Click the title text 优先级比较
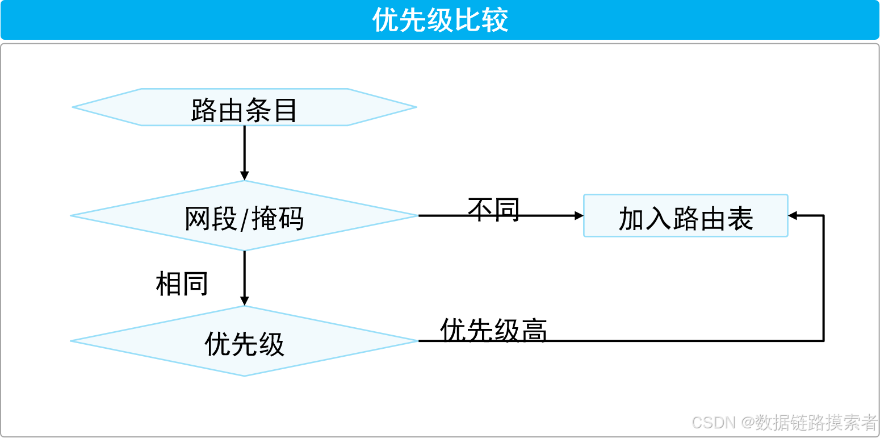(440, 20)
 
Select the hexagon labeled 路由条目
(244, 107)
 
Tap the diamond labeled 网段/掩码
(244, 216)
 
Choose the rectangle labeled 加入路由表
(685, 216)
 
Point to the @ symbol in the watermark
(747, 422)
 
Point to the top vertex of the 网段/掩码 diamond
(244, 182)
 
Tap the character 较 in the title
(495, 20)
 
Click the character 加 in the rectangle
(631, 219)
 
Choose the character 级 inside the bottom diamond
(271, 344)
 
